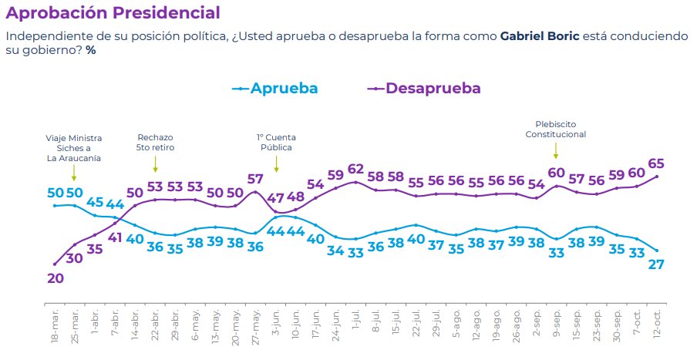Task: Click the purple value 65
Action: (x=657, y=163)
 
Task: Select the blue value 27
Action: (x=657, y=264)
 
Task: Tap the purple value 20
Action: (x=55, y=278)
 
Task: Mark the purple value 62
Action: (x=355, y=169)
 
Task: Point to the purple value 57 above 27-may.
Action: (x=255, y=179)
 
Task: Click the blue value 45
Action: (x=95, y=203)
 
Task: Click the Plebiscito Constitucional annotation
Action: (x=556, y=129)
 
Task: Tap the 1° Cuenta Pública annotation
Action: (x=276, y=143)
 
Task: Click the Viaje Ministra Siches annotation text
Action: (x=74, y=148)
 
